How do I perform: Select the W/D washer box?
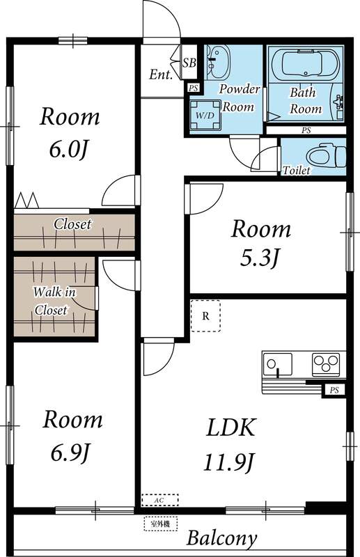pyautogui.click(x=205, y=114)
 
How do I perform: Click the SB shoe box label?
pyautogui.click(x=189, y=63)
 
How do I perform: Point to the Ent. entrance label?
pyautogui.click(x=161, y=74)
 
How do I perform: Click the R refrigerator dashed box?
pyautogui.click(x=205, y=315)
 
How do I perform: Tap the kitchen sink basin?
pyautogui.click(x=279, y=363)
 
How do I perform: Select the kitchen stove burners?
pyautogui.click(x=324, y=363)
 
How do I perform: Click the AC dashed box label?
pyautogui.click(x=159, y=500)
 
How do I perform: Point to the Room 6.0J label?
pyautogui.click(x=69, y=132)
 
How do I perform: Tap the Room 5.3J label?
pyautogui.click(x=260, y=242)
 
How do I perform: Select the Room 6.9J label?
pyautogui.click(x=72, y=435)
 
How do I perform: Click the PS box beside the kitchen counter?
pyautogui.click(x=335, y=391)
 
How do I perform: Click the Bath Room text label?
pyautogui.click(x=306, y=100)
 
